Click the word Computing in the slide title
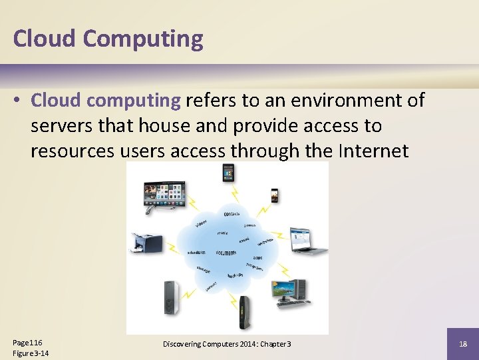click(x=143, y=39)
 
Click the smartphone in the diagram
click(x=274, y=195)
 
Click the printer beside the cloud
click(x=146, y=244)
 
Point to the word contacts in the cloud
click(x=232, y=214)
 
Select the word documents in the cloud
click(x=226, y=253)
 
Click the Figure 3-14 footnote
click(x=31, y=353)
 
